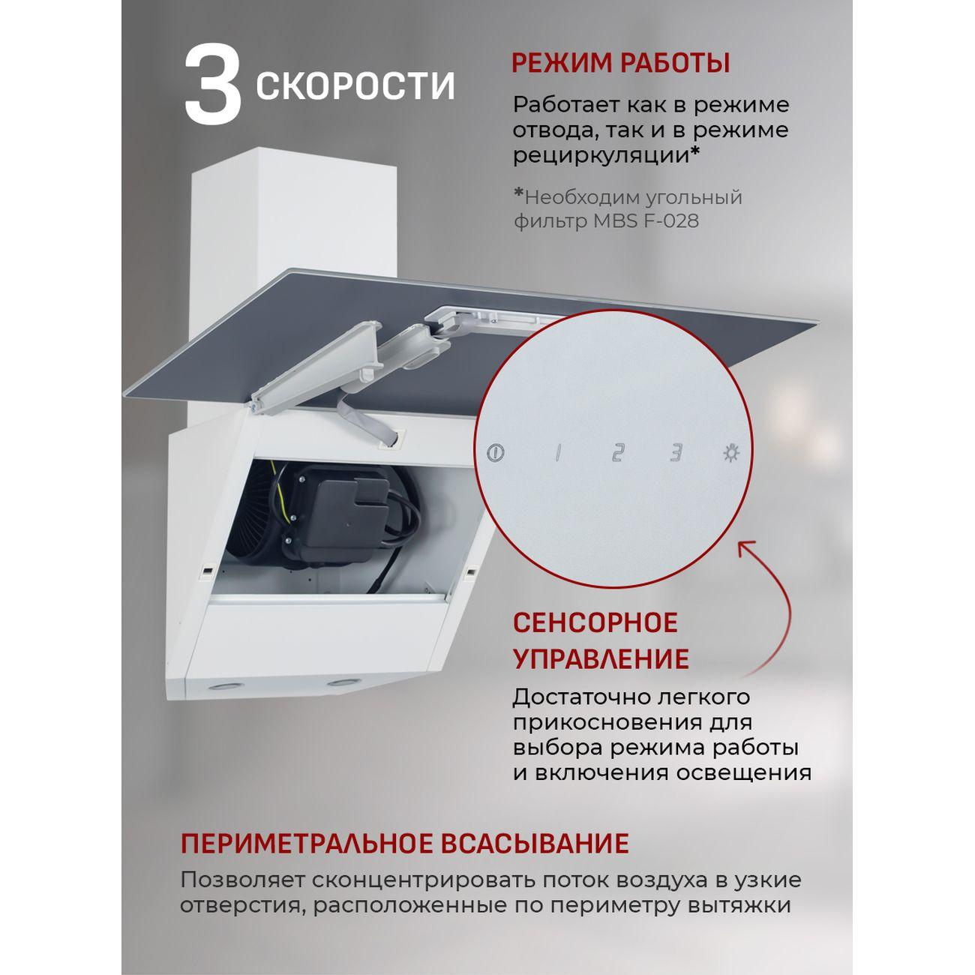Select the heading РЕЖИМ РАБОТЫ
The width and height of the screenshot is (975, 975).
tap(620, 63)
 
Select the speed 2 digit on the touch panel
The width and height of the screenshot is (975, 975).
tap(616, 453)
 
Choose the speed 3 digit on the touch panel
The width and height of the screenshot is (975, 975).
tap(676, 453)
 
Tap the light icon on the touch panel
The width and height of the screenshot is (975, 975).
tap(730, 453)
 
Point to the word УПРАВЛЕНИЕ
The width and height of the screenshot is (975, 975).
tap(600, 659)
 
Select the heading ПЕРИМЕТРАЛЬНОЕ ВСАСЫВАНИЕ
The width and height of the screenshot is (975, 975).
tap(404, 843)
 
